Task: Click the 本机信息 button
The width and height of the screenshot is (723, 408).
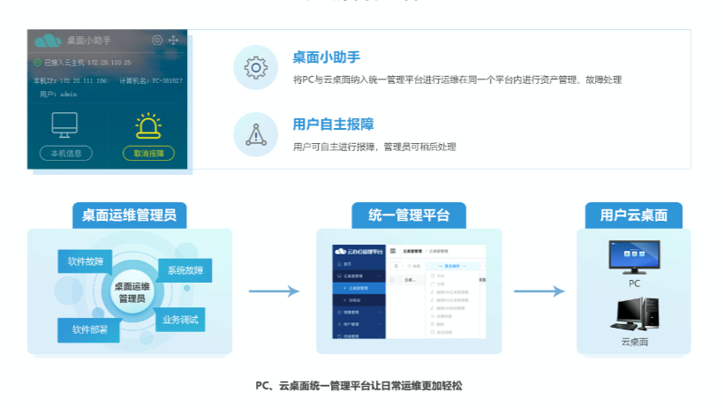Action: [x=66, y=153]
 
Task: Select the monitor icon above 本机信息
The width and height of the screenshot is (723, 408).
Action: [x=65, y=125]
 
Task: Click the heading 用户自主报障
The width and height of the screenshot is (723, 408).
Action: [x=333, y=125]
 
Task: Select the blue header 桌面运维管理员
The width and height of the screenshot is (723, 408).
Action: [x=129, y=215]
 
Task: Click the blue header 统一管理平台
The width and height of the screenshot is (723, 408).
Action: [x=409, y=215]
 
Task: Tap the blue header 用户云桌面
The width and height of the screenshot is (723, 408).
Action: [x=634, y=215]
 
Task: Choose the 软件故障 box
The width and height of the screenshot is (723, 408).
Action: [x=86, y=261]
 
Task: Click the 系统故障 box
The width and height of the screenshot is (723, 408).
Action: [x=184, y=270]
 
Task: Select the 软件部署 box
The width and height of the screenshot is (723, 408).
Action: [x=88, y=329]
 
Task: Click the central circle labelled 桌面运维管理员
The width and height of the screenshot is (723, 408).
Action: [x=132, y=292]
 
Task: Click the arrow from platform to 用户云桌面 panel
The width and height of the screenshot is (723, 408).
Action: [x=538, y=291]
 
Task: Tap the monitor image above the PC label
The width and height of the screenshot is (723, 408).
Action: [x=634, y=256]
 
